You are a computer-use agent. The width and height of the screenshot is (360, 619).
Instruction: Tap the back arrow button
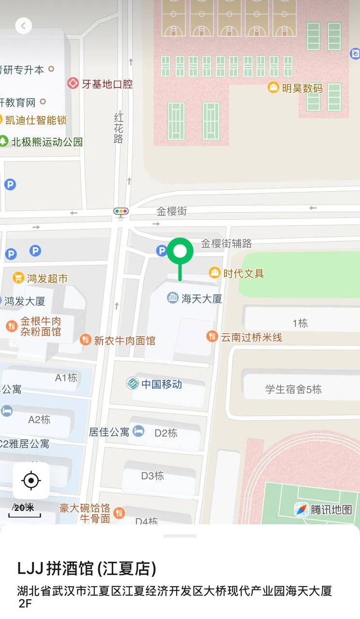[23, 26]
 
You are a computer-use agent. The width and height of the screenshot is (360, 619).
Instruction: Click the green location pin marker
[180, 251]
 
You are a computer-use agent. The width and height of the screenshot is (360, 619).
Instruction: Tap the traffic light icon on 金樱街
[121, 211]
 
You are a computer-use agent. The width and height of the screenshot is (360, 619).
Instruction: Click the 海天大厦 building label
[201, 298]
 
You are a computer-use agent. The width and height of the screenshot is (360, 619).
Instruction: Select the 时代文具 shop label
[243, 273]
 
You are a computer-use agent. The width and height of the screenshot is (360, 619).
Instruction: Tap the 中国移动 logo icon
[133, 384]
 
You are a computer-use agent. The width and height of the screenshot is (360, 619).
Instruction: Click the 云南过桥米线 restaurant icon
[212, 337]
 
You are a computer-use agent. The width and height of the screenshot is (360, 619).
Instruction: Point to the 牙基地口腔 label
[107, 84]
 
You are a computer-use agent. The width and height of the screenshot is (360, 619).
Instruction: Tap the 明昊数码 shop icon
[273, 88]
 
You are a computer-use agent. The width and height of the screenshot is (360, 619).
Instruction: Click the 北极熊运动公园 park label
[47, 142]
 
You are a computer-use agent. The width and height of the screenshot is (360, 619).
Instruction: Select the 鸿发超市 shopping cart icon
[18, 278]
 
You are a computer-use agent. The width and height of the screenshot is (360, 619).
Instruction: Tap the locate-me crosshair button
[31, 481]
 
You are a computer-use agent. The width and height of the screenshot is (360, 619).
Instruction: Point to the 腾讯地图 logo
[323, 509]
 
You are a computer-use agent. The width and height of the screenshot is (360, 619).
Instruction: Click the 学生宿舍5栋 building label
[293, 389]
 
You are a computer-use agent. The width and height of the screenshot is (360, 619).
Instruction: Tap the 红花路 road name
[119, 128]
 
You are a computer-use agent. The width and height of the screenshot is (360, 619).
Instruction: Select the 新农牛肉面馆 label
[124, 340]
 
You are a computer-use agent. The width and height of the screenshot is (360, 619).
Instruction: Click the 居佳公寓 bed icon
[139, 431]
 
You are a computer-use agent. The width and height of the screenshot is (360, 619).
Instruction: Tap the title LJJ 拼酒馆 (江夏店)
[87, 569]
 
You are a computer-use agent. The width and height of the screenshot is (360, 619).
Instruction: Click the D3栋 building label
[152, 476]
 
